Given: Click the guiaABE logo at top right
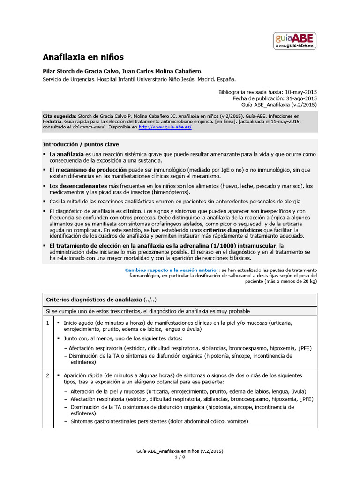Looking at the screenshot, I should tap(295, 41).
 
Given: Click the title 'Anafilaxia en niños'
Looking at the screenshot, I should tap(83, 57).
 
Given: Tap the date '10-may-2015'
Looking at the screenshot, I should tap(300, 92).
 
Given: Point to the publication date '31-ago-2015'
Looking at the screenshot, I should tap(301, 98).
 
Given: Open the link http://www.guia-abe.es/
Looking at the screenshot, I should tap(165, 127).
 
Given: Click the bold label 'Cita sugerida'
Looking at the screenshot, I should tap(59, 115).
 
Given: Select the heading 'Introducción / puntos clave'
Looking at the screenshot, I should tap(81, 144).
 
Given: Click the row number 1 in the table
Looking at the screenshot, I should tap(47, 323).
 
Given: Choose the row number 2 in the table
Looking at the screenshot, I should tap(47, 376).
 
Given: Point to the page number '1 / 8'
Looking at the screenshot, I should tap(180, 457).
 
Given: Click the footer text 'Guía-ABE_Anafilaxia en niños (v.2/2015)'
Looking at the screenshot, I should tap(180, 451).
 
